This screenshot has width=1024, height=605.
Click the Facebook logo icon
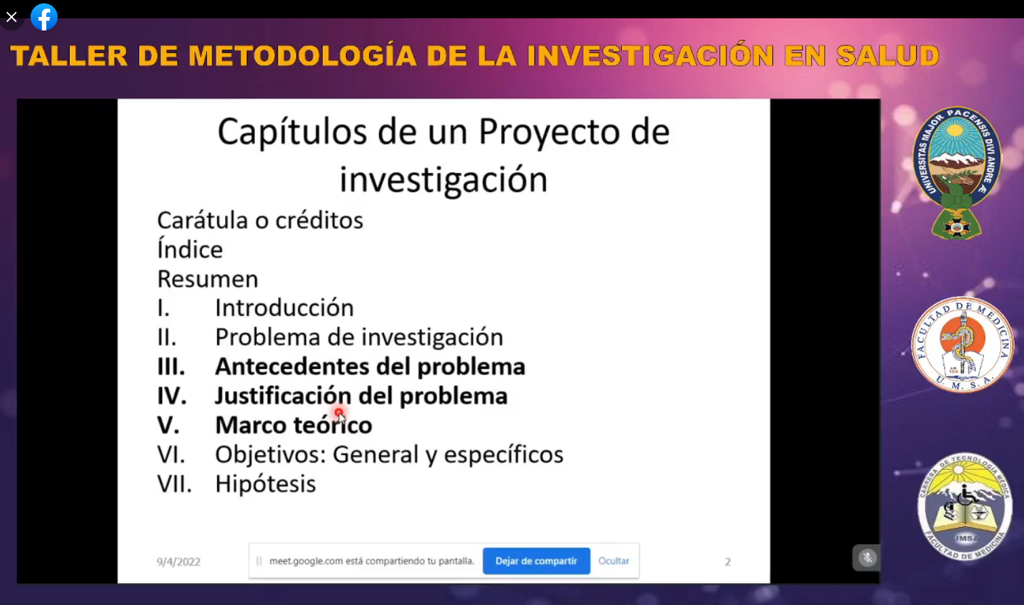click(x=44, y=17)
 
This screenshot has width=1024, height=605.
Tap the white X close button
click(x=12, y=17)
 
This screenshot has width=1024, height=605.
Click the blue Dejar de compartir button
click(x=536, y=561)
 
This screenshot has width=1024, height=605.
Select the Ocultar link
click(x=614, y=561)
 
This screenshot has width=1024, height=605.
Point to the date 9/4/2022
click(x=178, y=562)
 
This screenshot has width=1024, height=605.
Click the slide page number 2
click(x=728, y=562)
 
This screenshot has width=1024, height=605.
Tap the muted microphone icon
click(x=867, y=558)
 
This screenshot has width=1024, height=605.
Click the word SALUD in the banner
click(x=887, y=56)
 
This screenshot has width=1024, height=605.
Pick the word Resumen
click(x=208, y=279)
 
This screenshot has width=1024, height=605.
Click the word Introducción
click(x=284, y=307)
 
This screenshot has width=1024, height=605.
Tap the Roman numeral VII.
click(x=174, y=484)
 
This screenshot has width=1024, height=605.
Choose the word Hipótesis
click(x=266, y=484)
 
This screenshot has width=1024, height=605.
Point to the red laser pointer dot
click(x=338, y=412)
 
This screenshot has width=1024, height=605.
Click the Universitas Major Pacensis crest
click(x=957, y=173)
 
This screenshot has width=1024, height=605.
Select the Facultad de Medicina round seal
click(x=963, y=345)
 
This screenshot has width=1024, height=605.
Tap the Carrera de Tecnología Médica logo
click(x=964, y=506)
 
